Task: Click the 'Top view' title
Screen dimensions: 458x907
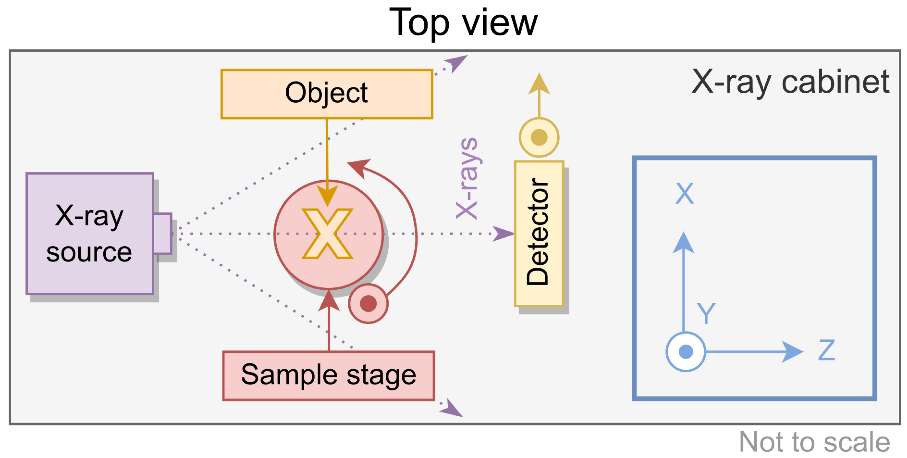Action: (463, 23)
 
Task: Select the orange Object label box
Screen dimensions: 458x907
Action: (326, 94)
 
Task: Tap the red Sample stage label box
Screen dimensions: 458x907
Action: (329, 375)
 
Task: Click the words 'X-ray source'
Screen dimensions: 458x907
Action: (89, 234)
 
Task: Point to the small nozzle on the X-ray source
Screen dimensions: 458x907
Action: (163, 233)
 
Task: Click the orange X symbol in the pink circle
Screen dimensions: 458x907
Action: (327, 234)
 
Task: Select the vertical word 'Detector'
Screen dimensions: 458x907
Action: (538, 231)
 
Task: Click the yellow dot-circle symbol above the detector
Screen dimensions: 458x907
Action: (539, 137)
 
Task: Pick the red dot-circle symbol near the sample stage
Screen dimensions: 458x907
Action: (368, 303)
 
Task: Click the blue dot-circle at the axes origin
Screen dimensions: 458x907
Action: (686, 351)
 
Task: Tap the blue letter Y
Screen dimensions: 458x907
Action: (706, 313)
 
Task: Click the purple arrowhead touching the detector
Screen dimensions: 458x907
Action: (503, 234)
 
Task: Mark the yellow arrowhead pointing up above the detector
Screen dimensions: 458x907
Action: (539, 84)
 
